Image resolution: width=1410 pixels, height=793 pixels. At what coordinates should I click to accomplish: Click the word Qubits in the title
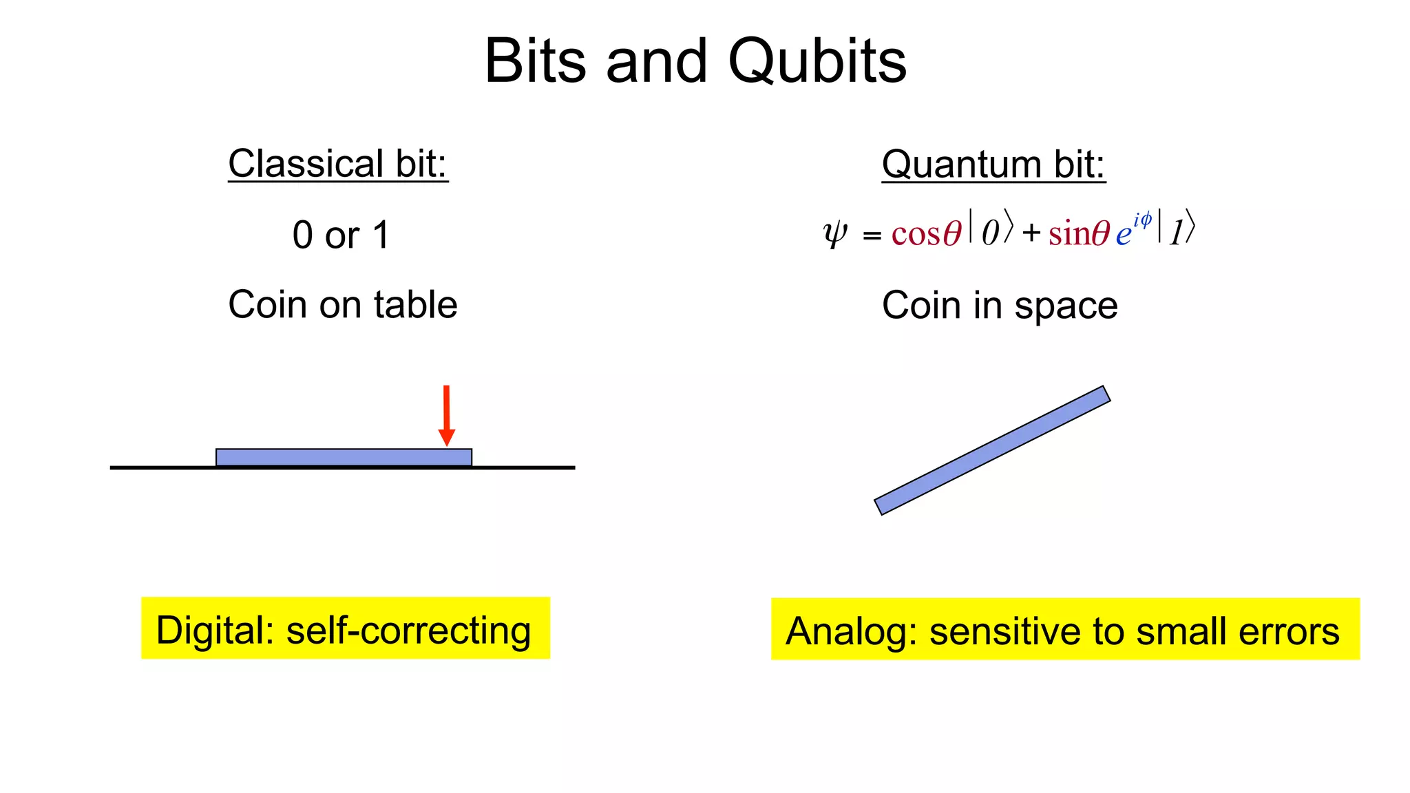click(x=817, y=62)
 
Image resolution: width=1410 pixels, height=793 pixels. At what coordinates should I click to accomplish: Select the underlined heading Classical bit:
click(x=338, y=164)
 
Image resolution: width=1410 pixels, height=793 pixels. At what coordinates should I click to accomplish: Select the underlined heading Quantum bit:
click(x=993, y=165)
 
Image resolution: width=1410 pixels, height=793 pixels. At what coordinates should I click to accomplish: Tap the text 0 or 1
click(x=341, y=235)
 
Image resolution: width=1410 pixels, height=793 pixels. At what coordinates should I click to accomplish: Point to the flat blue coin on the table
click(x=344, y=457)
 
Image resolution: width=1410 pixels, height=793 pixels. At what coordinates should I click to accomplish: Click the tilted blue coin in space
click(x=992, y=450)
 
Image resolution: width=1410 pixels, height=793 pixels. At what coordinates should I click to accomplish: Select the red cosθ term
click(x=926, y=233)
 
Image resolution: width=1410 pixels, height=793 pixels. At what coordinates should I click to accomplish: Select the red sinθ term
click(x=1079, y=233)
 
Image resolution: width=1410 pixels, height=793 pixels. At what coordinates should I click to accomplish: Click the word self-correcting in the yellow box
click(x=408, y=631)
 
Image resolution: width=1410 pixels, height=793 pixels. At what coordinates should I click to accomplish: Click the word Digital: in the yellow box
click(x=215, y=631)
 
